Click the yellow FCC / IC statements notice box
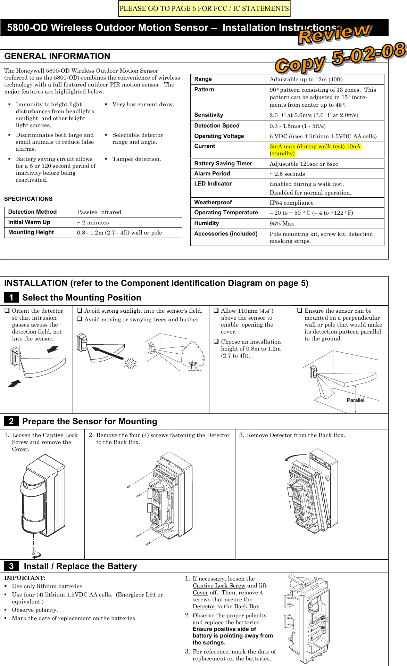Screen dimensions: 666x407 coord(204,9)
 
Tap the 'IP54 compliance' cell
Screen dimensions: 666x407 coord(291,203)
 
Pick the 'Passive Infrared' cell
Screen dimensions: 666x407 coord(99,212)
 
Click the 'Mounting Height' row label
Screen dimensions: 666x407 coord(31,232)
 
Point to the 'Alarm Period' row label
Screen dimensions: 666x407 coord(212,173)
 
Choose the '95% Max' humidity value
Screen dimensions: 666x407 coord(282,223)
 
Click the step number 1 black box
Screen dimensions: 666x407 coord(11,298)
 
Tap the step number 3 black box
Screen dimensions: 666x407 coord(11,566)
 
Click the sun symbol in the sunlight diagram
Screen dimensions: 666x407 coord(131,363)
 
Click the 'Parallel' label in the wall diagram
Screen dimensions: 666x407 coord(355,400)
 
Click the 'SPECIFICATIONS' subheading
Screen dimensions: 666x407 coord(28,199)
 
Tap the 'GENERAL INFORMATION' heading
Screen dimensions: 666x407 coord(57,56)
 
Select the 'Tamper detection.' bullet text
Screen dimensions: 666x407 coord(136,159)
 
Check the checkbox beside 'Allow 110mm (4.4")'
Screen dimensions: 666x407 coord(216,311)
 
